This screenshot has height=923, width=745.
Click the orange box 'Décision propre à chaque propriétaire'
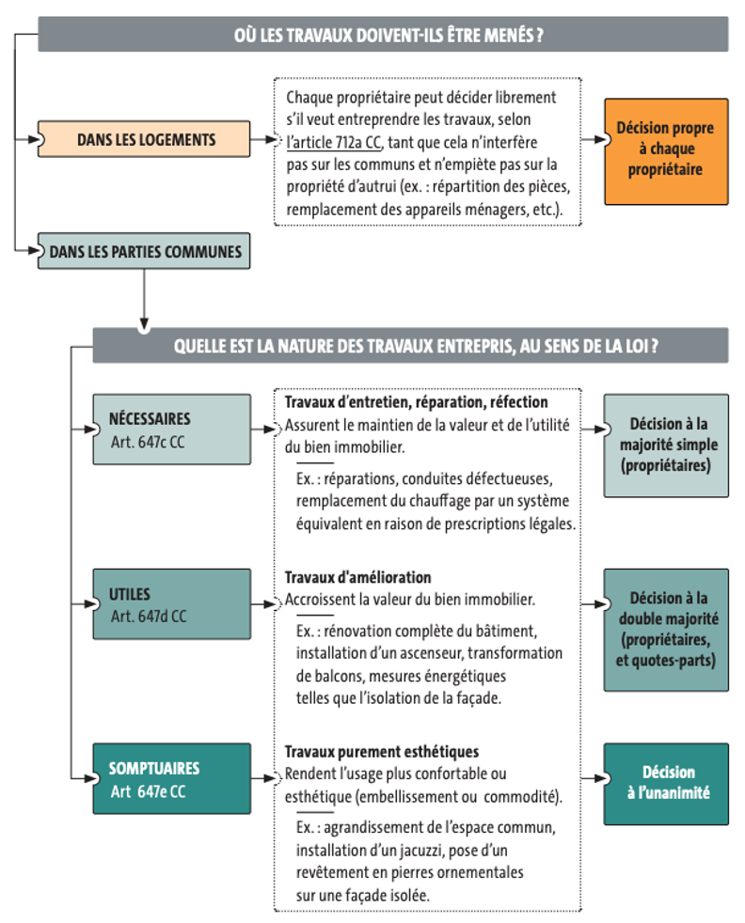pyautogui.click(x=666, y=151)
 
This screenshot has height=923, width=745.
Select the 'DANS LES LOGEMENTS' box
pyautogui.click(x=144, y=139)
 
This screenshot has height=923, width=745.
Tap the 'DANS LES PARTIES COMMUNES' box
pyautogui.click(x=144, y=251)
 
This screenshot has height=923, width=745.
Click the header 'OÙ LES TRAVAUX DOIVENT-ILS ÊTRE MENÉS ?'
pyautogui.click(x=383, y=34)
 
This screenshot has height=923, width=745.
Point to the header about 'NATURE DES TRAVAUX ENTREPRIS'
pyautogui.click(x=410, y=346)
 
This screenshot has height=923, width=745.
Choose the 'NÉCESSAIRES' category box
pyautogui.click(x=171, y=430)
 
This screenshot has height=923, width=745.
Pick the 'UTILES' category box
pyautogui.click(x=171, y=604)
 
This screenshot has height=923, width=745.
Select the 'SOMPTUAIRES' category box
pyautogui.click(x=171, y=778)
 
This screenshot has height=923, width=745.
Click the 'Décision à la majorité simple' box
pyautogui.click(x=666, y=446)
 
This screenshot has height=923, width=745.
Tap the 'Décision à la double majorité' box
pyautogui.click(x=666, y=630)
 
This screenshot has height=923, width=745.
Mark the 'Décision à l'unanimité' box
pyautogui.click(x=666, y=784)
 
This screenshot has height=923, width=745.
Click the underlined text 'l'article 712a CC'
pyautogui.click(x=334, y=143)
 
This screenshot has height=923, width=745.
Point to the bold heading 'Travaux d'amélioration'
pyautogui.click(x=357, y=577)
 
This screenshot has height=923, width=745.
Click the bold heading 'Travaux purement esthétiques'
pyautogui.click(x=382, y=752)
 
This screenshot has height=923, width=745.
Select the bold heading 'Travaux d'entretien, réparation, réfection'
pyautogui.click(x=416, y=402)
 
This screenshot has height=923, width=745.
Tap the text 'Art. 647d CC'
pyautogui.click(x=149, y=617)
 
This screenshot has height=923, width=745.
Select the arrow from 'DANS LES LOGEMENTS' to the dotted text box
pyautogui.click(x=263, y=139)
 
